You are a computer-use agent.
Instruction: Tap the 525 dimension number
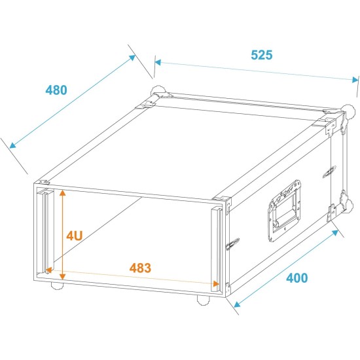261,55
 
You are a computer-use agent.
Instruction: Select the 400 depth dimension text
297,278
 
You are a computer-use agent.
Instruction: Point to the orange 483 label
141,268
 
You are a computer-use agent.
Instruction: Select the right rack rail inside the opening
215,247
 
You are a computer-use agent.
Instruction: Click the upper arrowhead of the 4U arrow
62,192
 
